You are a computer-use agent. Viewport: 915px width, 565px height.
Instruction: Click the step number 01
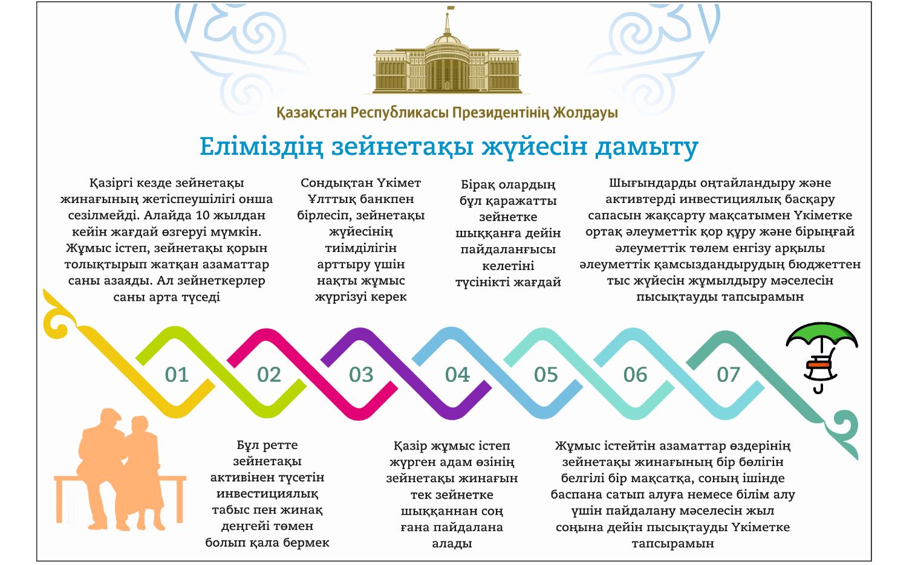177,375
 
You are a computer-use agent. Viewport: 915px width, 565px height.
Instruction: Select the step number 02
269,375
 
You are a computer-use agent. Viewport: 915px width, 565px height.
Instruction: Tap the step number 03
361,375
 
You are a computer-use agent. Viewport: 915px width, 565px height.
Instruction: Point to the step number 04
457,375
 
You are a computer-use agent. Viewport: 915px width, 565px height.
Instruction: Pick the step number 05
545,375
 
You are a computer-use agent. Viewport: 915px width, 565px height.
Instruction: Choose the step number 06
635,375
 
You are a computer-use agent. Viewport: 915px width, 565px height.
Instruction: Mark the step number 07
728,375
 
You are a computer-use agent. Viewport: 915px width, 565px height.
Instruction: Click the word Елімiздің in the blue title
261,147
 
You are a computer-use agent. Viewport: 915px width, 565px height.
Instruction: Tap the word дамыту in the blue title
646,147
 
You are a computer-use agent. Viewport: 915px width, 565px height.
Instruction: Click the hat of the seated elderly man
109,414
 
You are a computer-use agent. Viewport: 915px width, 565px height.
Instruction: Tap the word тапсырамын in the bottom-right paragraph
672,543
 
